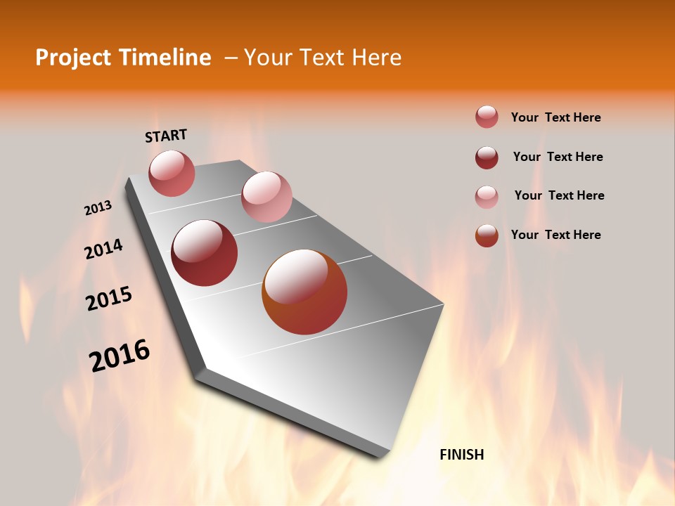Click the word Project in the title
point(74,58)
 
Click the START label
point(166,136)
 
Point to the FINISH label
point(462,455)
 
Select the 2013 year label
point(98,208)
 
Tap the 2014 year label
point(104,249)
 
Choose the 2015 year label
point(109,299)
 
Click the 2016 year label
point(120,356)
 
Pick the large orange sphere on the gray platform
point(304,292)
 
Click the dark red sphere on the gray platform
point(205,253)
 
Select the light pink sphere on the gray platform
point(266,197)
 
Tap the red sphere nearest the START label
point(172,173)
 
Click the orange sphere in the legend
point(487,235)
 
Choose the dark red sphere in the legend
point(487,157)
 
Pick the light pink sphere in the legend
point(487,197)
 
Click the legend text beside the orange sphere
point(556,235)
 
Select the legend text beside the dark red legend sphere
point(558,157)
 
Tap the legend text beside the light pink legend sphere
point(560,195)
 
